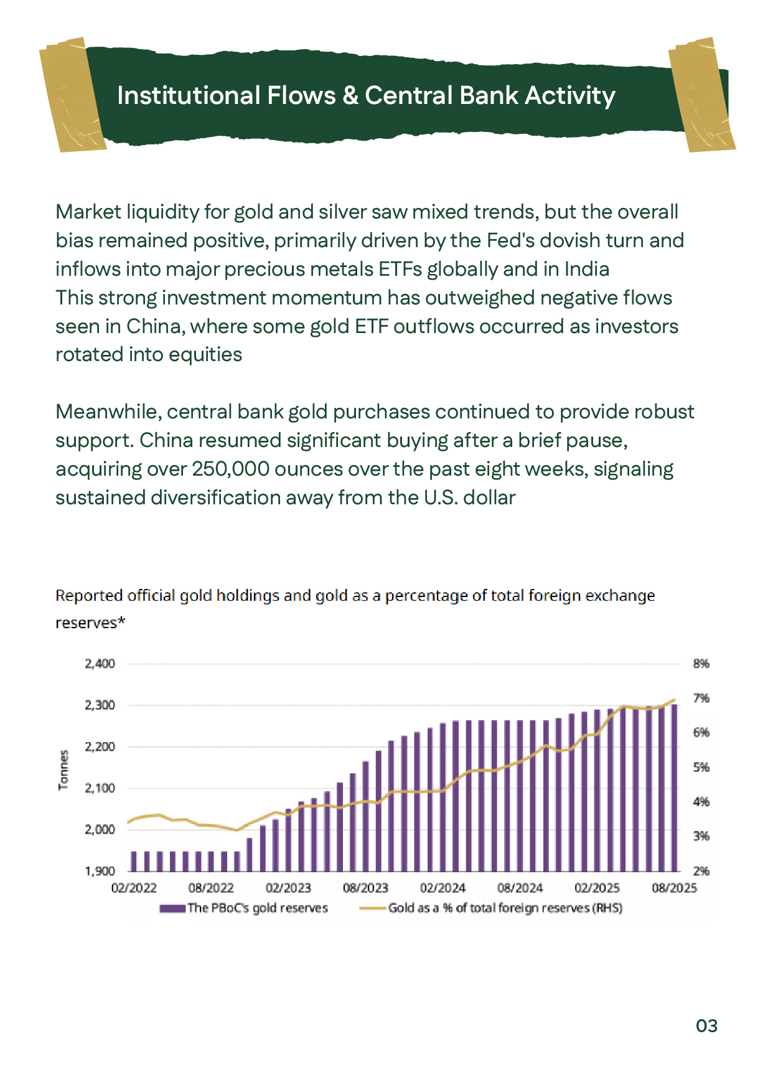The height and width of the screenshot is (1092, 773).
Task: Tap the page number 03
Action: click(706, 1025)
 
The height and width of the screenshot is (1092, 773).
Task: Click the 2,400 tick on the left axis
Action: click(100, 664)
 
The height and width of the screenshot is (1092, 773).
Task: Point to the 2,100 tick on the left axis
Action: click(100, 788)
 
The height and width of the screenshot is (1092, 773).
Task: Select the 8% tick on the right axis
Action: click(701, 664)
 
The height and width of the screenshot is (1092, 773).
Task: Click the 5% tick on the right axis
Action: click(701, 768)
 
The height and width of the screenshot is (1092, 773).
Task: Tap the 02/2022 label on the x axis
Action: click(134, 888)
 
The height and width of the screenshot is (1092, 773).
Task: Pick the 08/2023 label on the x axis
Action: click(365, 888)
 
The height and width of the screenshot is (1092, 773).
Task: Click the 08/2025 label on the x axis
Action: click(674, 888)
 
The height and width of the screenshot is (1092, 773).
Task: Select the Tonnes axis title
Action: click(63, 770)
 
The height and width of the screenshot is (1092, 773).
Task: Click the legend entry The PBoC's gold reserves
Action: click(256, 908)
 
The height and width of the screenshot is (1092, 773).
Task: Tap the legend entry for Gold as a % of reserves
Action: click(504, 908)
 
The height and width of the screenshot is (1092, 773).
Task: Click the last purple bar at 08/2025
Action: click(674, 788)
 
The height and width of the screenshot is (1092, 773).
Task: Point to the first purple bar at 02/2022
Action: click(134, 861)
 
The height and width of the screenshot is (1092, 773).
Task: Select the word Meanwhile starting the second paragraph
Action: click(108, 412)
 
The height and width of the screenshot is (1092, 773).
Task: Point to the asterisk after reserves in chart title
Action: click(122, 621)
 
